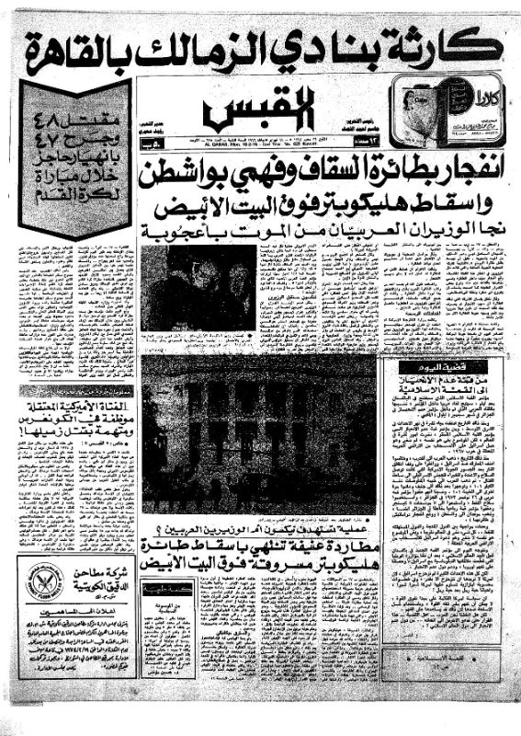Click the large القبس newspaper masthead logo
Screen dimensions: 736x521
pyautogui.click(x=259, y=109)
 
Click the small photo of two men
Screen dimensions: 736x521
pyautogui.click(x=198, y=286)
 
